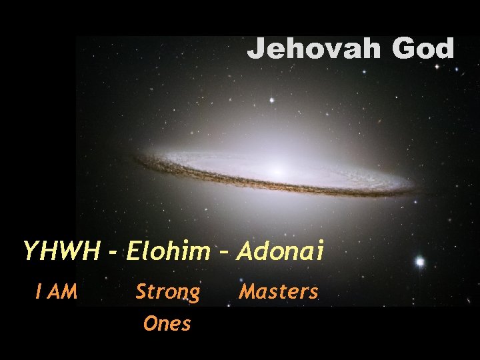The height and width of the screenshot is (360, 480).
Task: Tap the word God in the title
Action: click(x=423, y=49)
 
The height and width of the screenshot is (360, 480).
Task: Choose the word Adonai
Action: click(x=280, y=251)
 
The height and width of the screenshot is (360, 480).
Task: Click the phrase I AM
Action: click(x=57, y=291)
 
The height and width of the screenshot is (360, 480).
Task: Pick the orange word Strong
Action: click(x=167, y=292)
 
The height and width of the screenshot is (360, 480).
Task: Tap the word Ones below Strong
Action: click(x=167, y=324)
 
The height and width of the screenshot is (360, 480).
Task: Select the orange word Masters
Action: click(x=279, y=291)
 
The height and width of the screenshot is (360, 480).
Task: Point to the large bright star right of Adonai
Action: click(x=419, y=262)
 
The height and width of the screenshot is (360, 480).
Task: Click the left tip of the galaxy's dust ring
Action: click(x=136, y=159)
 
